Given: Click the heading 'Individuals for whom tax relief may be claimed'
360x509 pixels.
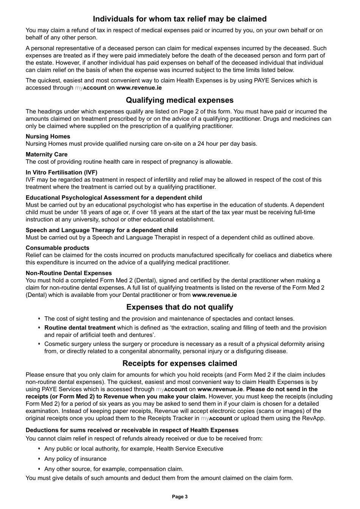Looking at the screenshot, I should coord(180,19).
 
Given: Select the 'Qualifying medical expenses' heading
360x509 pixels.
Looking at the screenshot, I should coord(180,100).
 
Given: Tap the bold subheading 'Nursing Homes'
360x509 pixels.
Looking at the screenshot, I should coord(48,137).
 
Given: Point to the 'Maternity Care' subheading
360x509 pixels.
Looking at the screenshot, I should coord(47,154).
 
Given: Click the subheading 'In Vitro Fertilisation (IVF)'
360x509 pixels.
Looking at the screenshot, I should coord(61,172).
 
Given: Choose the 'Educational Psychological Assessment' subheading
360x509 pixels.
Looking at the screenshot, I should coord(114,198).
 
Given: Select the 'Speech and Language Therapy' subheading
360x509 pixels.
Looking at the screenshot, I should coord(102,230).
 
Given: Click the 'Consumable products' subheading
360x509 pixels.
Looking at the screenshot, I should coord(58,248).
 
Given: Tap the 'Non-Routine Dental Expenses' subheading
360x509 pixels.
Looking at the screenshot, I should coord(69,273).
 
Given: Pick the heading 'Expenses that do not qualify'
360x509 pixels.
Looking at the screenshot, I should coord(180,307).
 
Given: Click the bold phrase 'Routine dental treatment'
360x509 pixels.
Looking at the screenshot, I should coord(80,328).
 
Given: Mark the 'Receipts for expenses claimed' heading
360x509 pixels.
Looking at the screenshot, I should coord(180,363).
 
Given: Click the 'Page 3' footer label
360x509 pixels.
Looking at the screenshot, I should coord(180,497).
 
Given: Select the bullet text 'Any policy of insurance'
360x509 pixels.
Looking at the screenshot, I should coord(75,459).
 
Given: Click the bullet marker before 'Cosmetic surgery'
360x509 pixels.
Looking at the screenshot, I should coord(39,344).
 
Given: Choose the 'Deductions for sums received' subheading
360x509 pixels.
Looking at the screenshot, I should coord(132,430).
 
